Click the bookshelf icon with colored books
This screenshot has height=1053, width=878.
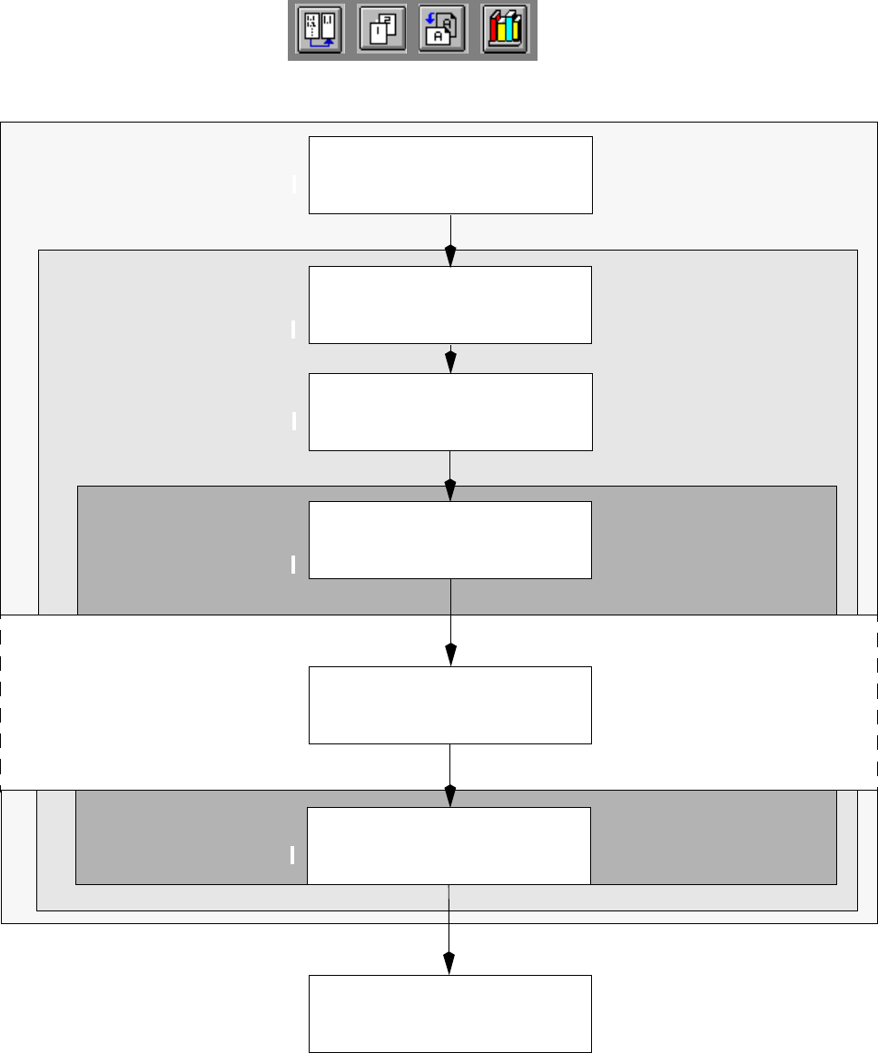505,31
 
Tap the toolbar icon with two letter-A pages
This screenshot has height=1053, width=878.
441,31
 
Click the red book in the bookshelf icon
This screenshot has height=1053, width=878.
496,32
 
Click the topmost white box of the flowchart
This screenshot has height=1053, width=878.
450,175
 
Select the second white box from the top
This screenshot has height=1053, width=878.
450,305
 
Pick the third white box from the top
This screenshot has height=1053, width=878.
450,412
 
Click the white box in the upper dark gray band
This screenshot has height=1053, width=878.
450,539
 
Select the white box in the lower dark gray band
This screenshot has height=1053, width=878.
449,845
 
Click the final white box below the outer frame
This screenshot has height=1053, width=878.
450,1013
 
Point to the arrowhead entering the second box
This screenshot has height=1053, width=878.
450,257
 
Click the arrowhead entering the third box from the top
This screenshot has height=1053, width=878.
450,363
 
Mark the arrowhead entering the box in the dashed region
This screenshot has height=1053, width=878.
450,655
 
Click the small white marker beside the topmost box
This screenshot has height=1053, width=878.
294,185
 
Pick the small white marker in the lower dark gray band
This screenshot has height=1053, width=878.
292,854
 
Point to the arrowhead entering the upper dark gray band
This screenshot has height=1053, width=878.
450,490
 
